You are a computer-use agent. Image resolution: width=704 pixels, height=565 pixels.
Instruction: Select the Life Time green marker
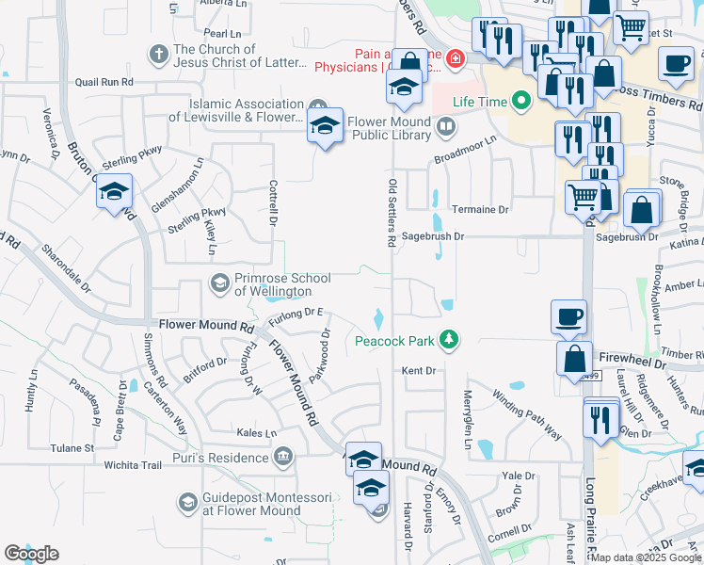[520, 101]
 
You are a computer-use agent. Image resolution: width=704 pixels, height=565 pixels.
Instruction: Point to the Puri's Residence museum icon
[281, 458]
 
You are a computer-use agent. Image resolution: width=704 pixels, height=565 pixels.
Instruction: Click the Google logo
[32, 554]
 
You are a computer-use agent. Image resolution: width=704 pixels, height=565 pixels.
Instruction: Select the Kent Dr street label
[419, 371]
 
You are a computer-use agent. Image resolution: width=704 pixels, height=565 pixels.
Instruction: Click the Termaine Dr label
[480, 210]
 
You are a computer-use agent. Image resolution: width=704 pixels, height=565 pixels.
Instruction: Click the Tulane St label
[72, 448]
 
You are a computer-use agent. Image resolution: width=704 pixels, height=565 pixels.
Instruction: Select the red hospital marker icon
[455, 59]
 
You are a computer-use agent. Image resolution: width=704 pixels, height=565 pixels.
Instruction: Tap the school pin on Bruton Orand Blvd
[115, 193]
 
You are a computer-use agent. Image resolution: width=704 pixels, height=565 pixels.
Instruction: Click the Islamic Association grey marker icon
[318, 105]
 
